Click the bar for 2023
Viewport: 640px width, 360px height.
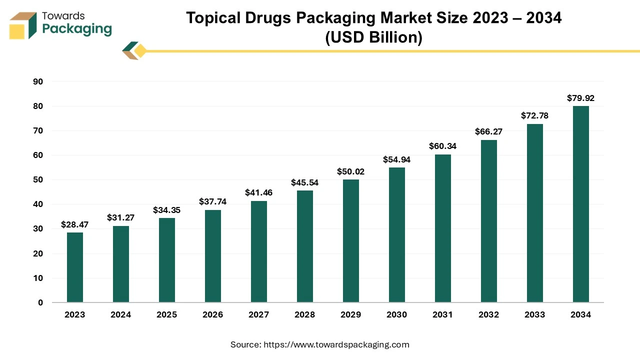point(75,267)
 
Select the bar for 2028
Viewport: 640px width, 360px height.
point(305,246)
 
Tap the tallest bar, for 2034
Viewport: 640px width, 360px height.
point(581,204)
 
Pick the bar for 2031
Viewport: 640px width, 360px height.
point(443,228)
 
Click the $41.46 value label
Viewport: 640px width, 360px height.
point(258,192)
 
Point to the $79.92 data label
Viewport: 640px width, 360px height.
point(580,98)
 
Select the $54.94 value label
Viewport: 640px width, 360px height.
point(396,159)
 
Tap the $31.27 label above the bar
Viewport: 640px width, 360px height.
point(120,217)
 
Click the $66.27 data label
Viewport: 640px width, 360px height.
point(488,131)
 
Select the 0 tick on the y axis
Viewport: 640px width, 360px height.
point(40,303)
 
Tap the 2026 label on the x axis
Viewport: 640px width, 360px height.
point(212,314)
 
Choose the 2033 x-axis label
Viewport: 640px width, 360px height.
point(534,314)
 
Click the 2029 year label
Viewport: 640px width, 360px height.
point(350,314)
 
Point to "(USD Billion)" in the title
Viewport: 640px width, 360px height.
point(373,37)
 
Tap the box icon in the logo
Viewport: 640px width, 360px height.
point(23,25)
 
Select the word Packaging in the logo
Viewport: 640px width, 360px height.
point(77,29)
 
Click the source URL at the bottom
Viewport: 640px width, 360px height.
point(336,344)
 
